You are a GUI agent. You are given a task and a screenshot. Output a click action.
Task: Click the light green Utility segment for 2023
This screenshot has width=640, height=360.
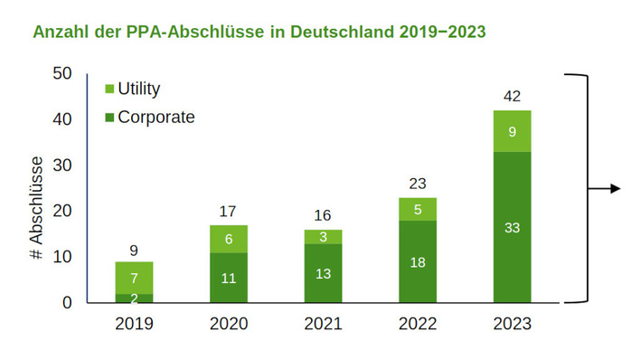(x=512, y=131)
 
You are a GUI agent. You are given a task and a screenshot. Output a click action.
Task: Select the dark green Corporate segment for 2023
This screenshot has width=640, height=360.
(x=512, y=227)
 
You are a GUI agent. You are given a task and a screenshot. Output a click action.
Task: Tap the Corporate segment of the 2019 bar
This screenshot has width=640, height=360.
(x=134, y=298)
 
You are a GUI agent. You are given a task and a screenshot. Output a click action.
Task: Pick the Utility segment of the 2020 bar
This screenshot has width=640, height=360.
(x=228, y=238)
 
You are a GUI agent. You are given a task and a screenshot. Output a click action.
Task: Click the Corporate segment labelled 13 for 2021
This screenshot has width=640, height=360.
(x=323, y=272)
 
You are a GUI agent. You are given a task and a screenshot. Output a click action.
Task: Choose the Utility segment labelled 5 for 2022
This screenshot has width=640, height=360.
(x=417, y=209)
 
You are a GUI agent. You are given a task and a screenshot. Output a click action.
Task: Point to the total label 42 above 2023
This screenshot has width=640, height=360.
(x=512, y=97)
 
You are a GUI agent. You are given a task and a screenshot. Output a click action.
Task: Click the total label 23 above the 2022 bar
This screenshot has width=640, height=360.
(x=417, y=184)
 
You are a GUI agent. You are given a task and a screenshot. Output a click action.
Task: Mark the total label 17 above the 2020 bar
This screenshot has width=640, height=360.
(x=228, y=212)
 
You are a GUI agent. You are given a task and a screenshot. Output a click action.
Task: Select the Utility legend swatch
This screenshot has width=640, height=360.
(x=110, y=89)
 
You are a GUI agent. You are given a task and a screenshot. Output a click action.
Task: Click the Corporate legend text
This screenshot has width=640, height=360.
(x=156, y=117)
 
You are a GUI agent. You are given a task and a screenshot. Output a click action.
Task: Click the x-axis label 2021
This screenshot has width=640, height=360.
(x=323, y=324)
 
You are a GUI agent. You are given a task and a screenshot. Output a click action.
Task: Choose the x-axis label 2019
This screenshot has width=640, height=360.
(x=134, y=324)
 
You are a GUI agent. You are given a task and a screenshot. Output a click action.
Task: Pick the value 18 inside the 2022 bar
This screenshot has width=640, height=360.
(x=417, y=261)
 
